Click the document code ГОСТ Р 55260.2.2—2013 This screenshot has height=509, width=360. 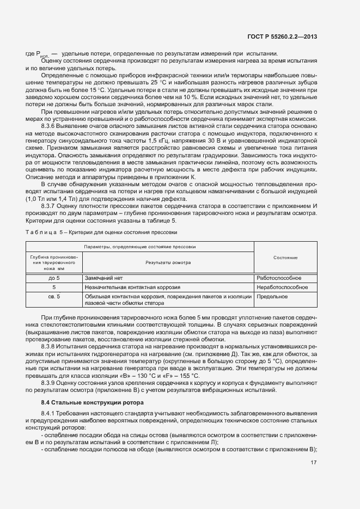pyautogui.click(x=285, y=36)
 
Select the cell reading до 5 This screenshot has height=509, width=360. pyautogui.click(x=54, y=278)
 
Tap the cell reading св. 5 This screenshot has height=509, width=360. pyautogui.click(x=54, y=296)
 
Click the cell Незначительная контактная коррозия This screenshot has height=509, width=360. pyautogui.click(x=133, y=287)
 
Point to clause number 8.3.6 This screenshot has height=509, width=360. pyautogui.click(x=50, y=141)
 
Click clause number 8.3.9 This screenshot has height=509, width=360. pyautogui.click(x=50, y=383)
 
